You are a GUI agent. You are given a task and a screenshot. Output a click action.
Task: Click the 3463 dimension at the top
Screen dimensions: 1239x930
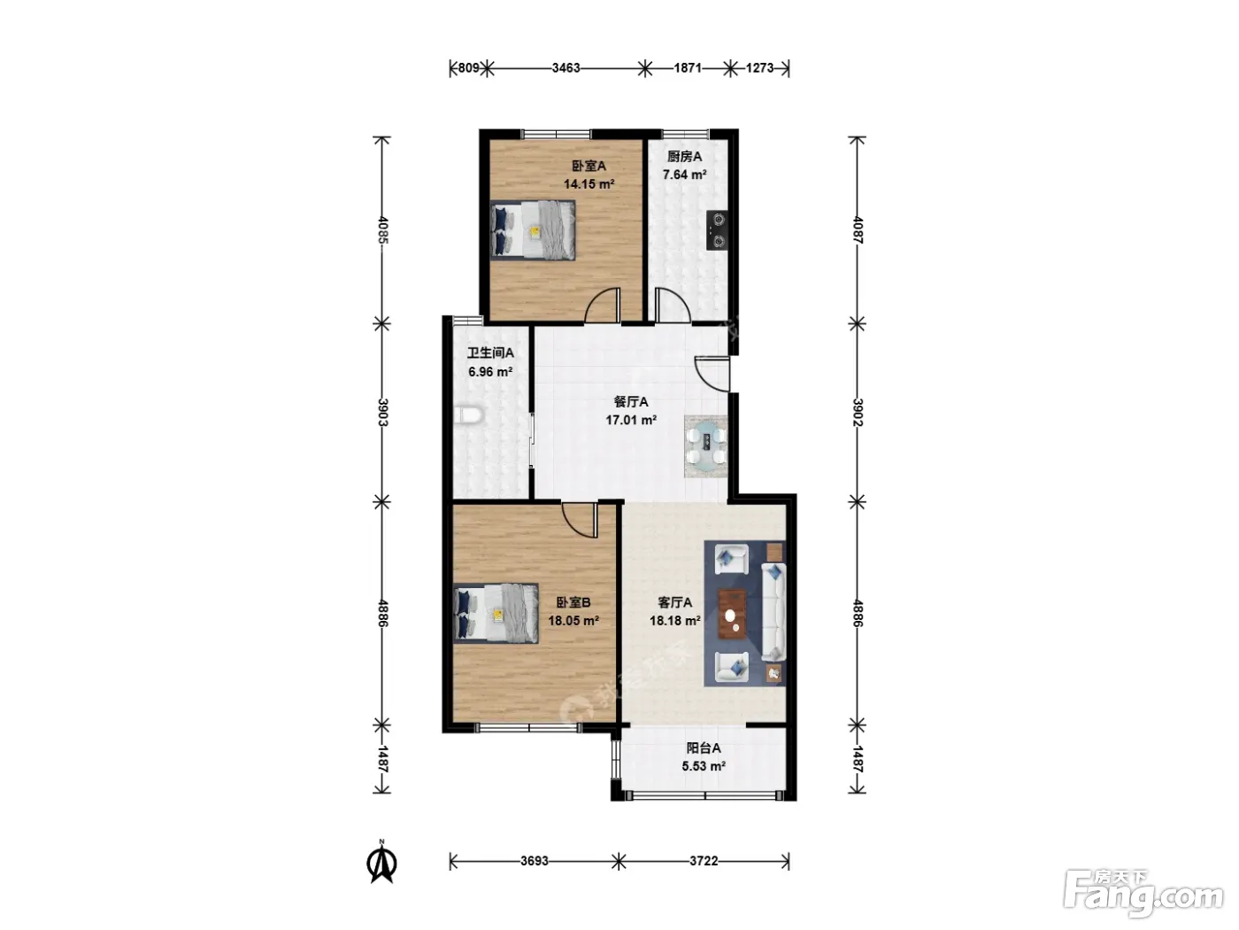(x=566, y=68)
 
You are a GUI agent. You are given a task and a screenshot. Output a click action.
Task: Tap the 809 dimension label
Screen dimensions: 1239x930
(x=468, y=68)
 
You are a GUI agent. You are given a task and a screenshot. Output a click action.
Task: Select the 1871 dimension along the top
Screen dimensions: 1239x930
(x=688, y=68)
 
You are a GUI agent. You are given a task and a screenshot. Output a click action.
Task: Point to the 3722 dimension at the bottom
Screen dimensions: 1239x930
(x=704, y=861)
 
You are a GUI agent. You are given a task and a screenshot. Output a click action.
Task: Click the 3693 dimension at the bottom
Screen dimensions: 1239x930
(x=534, y=861)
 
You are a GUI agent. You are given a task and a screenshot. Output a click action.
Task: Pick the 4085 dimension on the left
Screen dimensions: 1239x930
(x=382, y=229)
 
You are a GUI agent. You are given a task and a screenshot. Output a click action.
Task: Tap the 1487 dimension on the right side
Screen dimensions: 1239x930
(x=858, y=759)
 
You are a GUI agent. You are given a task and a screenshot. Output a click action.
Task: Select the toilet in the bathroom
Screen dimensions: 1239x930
(x=468, y=415)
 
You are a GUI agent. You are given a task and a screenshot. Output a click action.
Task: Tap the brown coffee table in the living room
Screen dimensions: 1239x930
(x=732, y=614)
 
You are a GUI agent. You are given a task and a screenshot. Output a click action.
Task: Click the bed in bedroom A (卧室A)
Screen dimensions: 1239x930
(x=533, y=230)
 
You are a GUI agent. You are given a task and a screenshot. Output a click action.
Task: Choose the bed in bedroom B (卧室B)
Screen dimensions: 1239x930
(x=496, y=614)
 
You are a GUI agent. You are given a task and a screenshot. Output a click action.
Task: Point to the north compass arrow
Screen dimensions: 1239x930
(x=382, y=862)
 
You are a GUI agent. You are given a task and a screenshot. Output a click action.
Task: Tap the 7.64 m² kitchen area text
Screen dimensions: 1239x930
(x=684, y=174)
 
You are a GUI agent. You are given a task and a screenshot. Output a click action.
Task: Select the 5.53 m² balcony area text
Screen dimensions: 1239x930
(x=704, y=766)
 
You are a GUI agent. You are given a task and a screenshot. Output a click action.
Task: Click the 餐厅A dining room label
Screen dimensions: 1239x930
(x=630, y=402)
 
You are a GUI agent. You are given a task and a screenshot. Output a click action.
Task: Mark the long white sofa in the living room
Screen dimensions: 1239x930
(x=773, y=611)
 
